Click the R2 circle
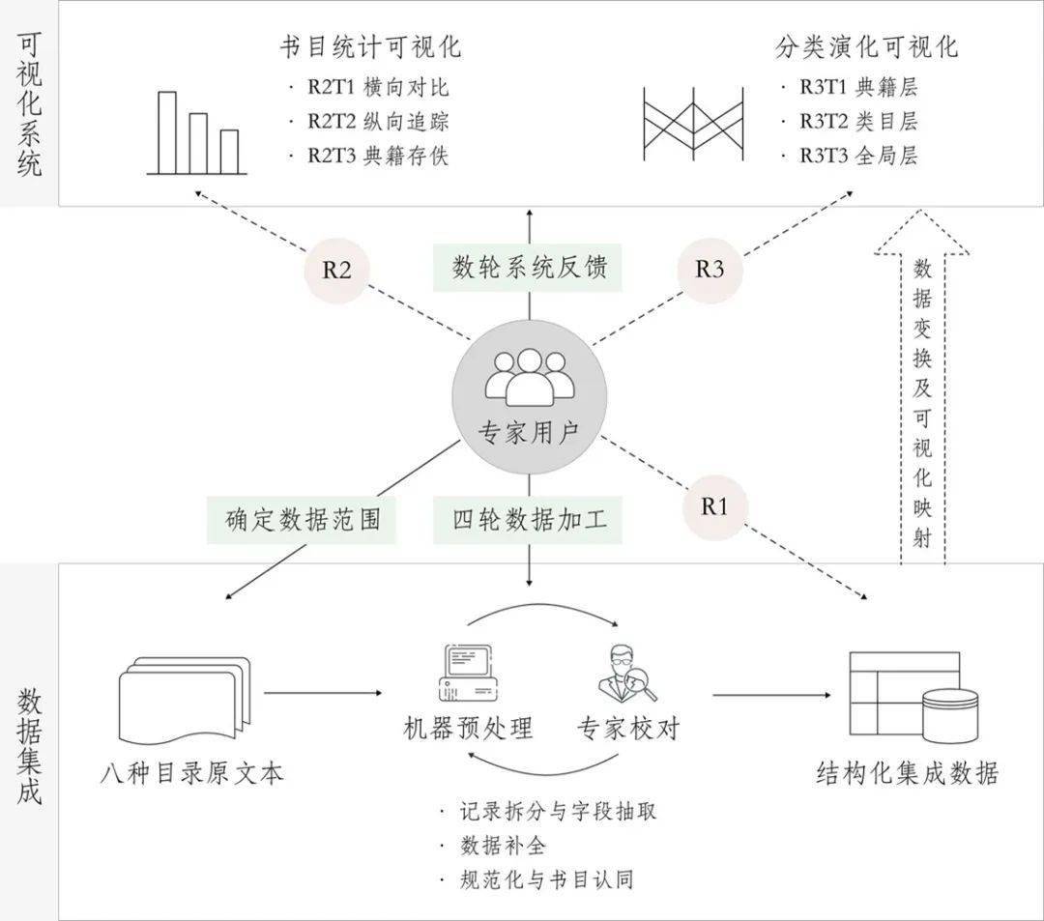(336, 269)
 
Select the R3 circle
(710, 269)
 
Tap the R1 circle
(713, 505)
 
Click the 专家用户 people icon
(528, 378)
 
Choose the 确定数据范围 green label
(302, 519)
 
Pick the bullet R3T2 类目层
(857, 121)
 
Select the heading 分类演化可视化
(866, 46)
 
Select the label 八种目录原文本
(192, 774)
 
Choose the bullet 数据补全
(504, 846)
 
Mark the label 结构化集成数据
(907, 773)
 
